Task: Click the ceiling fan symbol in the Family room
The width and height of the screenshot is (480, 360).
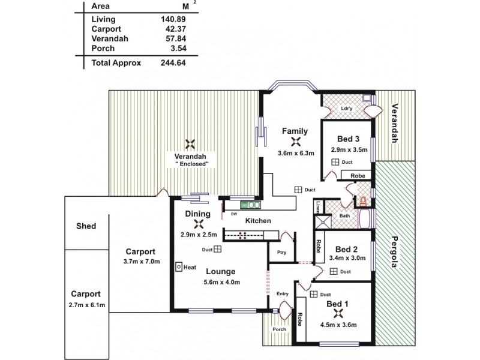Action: (x=295, y=142)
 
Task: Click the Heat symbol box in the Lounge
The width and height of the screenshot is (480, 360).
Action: (x=179, y=267)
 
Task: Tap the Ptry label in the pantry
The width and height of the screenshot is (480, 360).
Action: (x=281, y=253)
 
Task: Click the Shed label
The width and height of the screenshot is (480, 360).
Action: (x=86, y=226)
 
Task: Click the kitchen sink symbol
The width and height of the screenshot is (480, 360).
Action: (x=247, y=203)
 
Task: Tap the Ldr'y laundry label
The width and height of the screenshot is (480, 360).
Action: (x=346, y=109)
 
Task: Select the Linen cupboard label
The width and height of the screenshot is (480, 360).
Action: (x=317, y=207)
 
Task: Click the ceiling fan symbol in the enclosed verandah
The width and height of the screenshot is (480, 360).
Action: (x=191, y=144)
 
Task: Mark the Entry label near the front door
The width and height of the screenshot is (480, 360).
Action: (x=283, y=293)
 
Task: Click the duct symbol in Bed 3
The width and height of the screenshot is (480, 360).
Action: (x=335, y=163)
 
